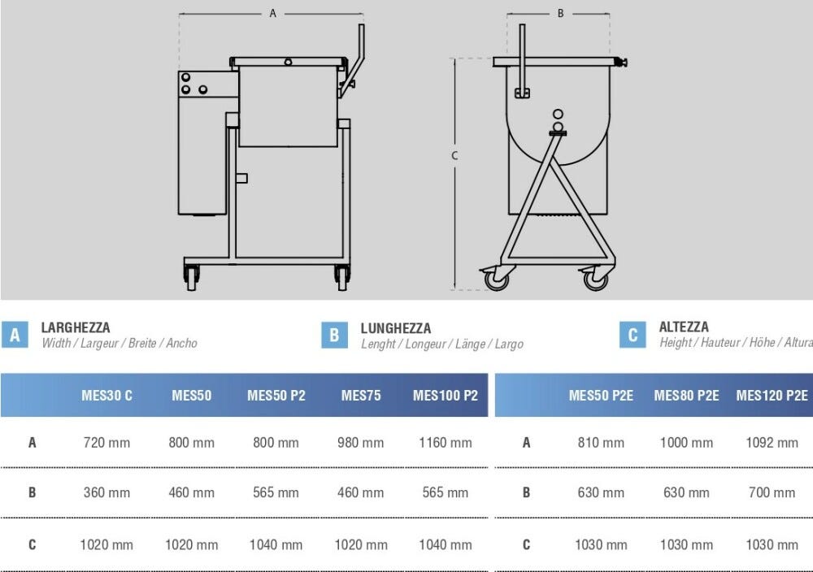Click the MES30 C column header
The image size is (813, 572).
tap(107, 396)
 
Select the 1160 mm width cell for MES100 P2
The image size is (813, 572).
tap(446, 443)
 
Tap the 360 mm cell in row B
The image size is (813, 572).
tap(107, 492)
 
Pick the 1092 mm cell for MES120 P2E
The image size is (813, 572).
tap(772, 443)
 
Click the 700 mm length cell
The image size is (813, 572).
tap(772, 492)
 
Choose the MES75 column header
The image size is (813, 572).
tap(361, 396)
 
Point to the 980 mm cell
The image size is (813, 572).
tap(361, 443)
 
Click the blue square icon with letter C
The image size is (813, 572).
tap(633, 335)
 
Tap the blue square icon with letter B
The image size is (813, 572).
tap(334, 336)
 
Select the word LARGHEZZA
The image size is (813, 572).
tap(76, 328)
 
